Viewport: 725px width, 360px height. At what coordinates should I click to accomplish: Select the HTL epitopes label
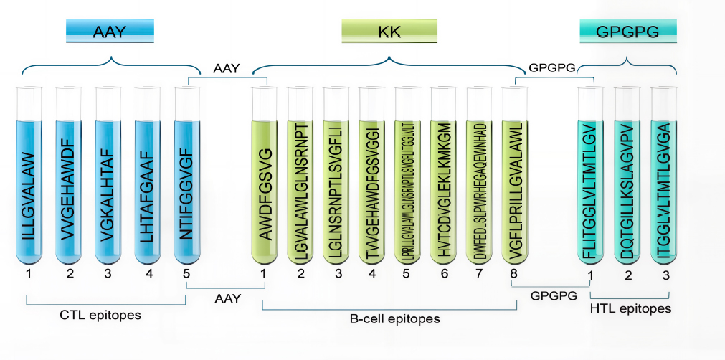pos(630,309)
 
